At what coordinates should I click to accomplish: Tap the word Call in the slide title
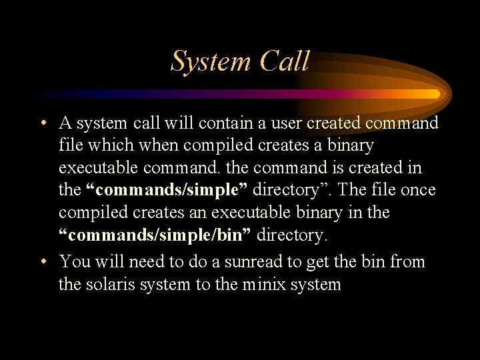pyautogui.click(x=285, y=61)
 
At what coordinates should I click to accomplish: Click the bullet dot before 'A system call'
pyautogui.click(x=42, y=123)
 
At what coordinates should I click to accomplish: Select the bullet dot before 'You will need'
pyautogui.click(x=42, y=262)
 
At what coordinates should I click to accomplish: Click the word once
pyautogui.click(x=418, y=190)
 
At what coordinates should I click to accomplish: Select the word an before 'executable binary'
pyautogui.click(x=241, y=213)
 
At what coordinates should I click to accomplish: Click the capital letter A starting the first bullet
pyautogui.click(x=65, y=123)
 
